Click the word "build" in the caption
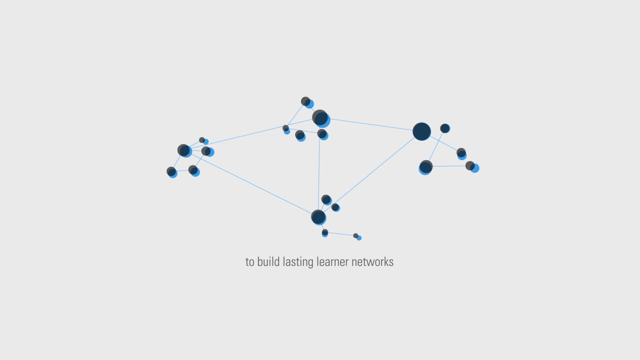269,262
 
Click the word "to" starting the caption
250,262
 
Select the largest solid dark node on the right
422,131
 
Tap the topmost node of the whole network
307,103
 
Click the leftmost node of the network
172,172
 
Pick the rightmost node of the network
472,167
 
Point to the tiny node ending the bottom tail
357,237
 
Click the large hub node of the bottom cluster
319,217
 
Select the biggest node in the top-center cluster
320,118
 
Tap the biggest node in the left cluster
184,151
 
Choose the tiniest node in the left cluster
203,141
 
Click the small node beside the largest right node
445,128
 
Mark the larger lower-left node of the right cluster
426,167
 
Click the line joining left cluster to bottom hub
252,184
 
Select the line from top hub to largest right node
372,125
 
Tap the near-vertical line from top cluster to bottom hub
319,174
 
